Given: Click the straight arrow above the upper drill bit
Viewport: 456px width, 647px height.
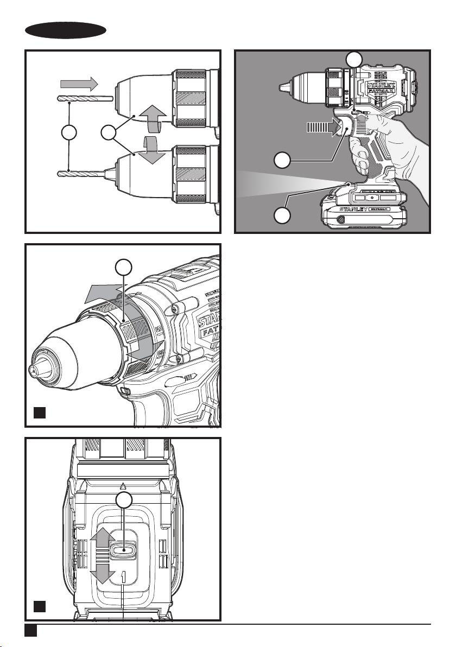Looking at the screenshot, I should (x=78, y=84).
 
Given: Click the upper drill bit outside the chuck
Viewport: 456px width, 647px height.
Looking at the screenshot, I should (x=84, y=99).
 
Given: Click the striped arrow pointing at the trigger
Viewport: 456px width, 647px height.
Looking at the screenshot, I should (x=321, y=128).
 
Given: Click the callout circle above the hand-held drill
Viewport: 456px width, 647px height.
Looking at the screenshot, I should (x=354, y=59).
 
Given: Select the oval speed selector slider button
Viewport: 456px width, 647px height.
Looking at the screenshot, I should (x=124, y=549).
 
